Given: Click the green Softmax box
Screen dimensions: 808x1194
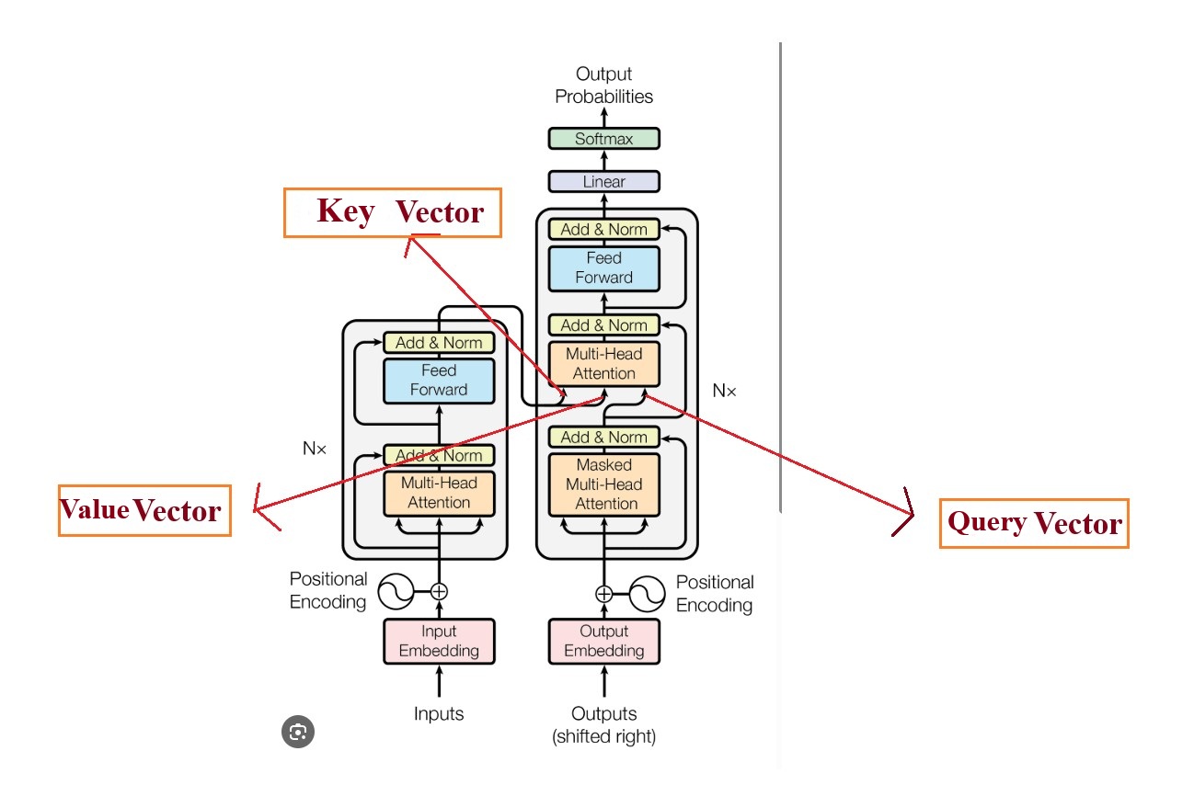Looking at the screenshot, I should [x=603, y=139].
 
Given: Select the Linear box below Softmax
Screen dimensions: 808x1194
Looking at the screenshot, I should [x=603, y=181].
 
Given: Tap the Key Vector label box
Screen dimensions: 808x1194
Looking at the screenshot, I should [x=393, y=212].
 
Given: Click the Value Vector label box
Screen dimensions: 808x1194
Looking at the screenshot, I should [x=144, y=510].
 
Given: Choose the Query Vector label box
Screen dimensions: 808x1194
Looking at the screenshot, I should [x=1033, y=523].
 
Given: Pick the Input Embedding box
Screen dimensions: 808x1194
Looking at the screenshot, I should [x=439, y=641].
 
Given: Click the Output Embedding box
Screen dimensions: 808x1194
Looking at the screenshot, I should [x=603, y=641].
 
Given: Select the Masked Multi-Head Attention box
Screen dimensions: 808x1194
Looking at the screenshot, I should [x=603, y=484].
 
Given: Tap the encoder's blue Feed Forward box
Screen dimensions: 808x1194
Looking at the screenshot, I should [x=439, y=380].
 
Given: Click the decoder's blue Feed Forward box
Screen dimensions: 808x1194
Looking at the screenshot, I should [x=603, y=267].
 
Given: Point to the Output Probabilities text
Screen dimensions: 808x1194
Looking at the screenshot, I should [x=603, y=85].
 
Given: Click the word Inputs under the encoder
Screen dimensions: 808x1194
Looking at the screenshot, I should [x=439, y=713].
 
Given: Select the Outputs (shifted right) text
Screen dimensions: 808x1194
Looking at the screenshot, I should [x=603, y=724].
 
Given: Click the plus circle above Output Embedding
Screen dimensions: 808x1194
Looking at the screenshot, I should [x=603, y=594].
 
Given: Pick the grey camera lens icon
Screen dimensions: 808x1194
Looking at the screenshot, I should [x=298, y=732].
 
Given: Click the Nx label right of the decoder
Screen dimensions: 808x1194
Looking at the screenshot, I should [x=725, y=391].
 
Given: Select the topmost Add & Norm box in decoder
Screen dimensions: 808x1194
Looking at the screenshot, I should [x=603, y=229].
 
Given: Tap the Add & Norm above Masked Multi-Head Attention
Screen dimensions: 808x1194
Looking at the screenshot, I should [x=603, y=437].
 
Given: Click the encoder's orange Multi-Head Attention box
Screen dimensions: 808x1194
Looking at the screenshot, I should [x=439, y=492].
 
